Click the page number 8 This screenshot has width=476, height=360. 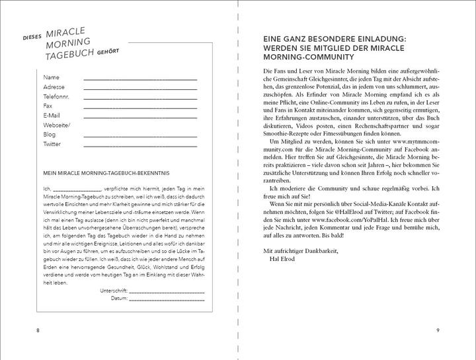pyautogui.click(x=38, y=330)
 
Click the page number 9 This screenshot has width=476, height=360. pyautogui.click(x=438, y=330)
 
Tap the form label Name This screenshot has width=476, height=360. pyautogui.click(x=51, y=77)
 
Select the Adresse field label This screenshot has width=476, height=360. pyautogui.click(x=54, y=87)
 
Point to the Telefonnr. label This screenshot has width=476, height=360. pyautogui.click(x=56, y=96)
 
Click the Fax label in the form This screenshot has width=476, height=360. pyautogui.click(x=48, y=106)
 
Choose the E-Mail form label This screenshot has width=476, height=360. pyautogui.click(x=52, y=116)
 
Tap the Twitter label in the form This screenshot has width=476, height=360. pyautogui.click(x=52, y=144)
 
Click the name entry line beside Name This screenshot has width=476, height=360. pyautogui.click(x=140, y=79)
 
